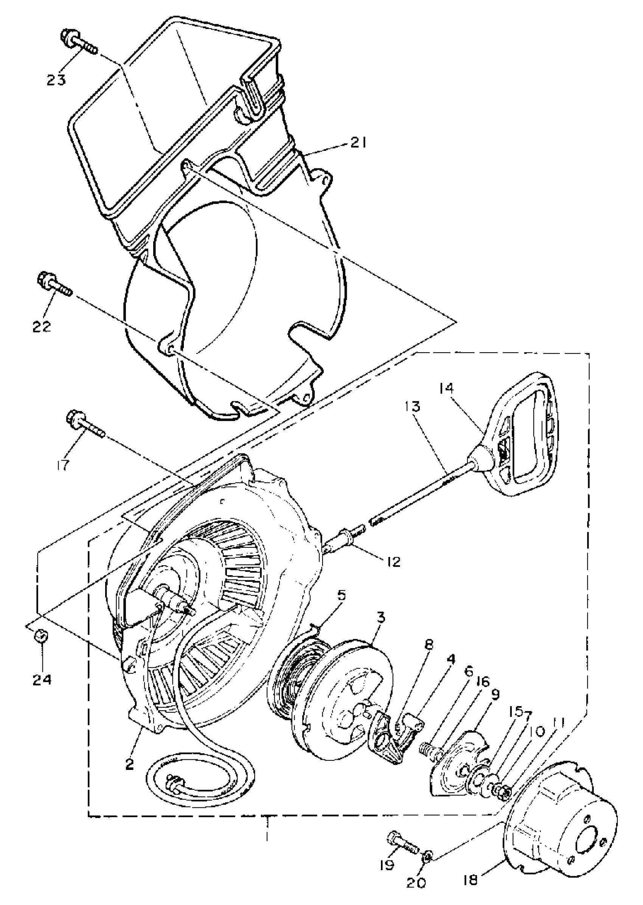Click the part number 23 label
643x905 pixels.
point(56,79)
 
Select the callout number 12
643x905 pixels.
point(391,561)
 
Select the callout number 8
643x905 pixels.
point(429,645)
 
